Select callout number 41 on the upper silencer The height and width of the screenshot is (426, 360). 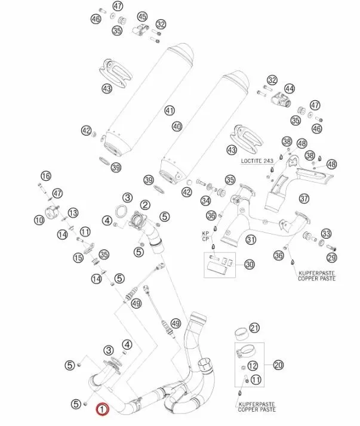click(170, 110)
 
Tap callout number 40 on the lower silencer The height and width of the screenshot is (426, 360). click(176, 126)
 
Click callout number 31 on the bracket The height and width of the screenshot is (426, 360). click(251, 240)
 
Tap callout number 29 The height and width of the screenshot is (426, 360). click(331, 257)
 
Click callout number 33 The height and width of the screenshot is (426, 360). click(326, 233)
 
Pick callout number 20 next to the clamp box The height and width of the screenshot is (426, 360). click(278, 365)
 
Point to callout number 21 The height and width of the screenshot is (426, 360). click(255, 328)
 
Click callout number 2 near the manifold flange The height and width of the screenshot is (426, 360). click(145, 205)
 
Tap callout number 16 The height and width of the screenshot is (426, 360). click(46, 175)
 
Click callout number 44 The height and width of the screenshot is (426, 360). click(290, 89)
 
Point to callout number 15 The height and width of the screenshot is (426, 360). click(78, 258)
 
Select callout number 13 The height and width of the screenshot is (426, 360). click(73, 213)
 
